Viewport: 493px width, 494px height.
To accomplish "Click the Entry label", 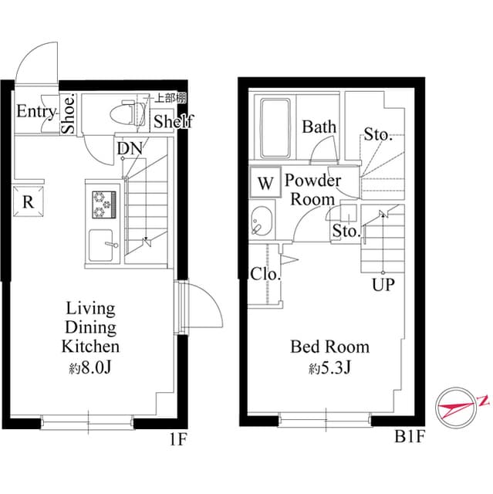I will tap(35, 113).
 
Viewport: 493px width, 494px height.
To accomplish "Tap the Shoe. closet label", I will tap(69, 114).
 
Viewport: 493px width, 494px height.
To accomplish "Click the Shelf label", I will tap(173, 121).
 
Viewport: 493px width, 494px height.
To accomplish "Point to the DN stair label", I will tap(128, 148).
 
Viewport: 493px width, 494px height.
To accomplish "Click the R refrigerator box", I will tap(28, 202).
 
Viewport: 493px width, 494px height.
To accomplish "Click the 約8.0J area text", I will tap(91, 367).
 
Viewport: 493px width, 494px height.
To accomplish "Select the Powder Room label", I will tap(312, 190).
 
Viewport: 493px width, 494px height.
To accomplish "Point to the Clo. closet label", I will tap(265, 273).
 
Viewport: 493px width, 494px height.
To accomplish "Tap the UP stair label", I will tap(383, 286).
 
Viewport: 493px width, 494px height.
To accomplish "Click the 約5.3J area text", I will tap(329, 368).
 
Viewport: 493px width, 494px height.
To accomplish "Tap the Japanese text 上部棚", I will tap(170, 98).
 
